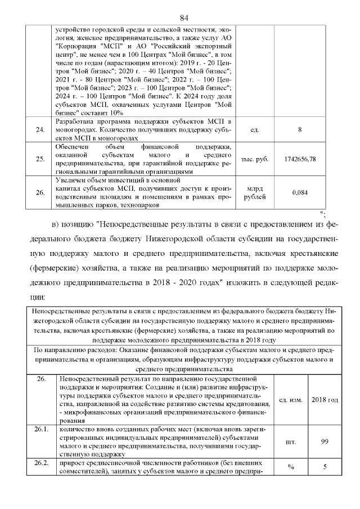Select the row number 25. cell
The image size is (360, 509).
pos(40,159)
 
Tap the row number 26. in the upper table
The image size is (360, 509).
pos(40,192)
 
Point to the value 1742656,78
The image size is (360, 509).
pos(300,159)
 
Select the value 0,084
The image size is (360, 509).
pos(300,192)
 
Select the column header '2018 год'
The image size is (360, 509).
pos(325,400)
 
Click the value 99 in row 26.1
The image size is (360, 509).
pos(325,442)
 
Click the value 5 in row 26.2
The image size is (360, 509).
pos(325,466)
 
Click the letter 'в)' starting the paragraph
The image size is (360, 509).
pos(56,226)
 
